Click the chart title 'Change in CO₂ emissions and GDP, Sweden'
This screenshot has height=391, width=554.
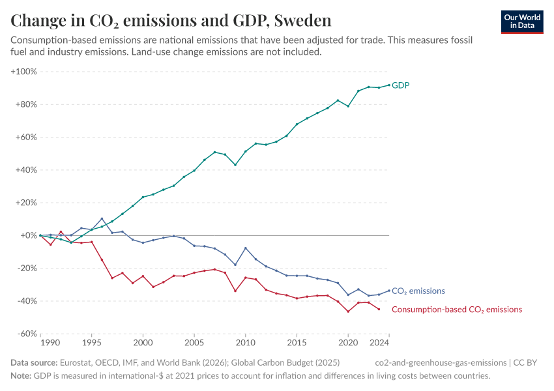[x=171, y=21]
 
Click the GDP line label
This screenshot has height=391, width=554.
[x=400, y=85]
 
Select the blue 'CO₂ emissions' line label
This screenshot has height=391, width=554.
[x=418, y=291]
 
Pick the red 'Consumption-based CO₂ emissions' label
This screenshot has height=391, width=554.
[x=456, y=310]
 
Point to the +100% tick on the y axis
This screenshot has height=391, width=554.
[x=24, y=71]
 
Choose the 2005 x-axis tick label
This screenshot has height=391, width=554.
[x=194, y=342]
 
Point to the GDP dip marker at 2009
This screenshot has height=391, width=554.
[x=235, y=165]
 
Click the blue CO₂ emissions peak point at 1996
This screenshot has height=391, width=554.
[x=102, y=219]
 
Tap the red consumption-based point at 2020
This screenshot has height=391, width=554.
[x=348, y=311]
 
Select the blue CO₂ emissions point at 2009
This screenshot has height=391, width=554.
[x=235, y=265]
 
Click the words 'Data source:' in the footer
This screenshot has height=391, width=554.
[x=34, y=362]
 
